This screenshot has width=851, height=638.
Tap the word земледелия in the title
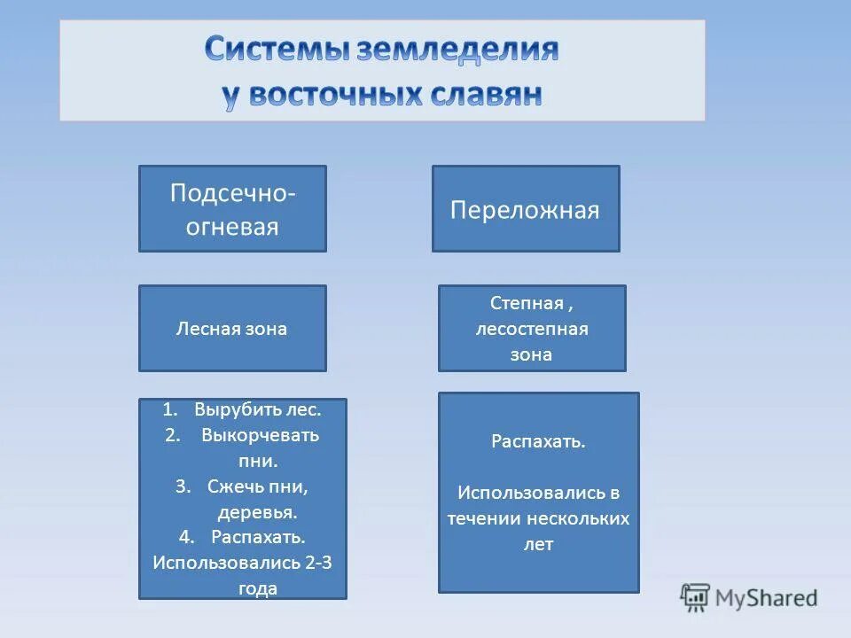pos(457,51)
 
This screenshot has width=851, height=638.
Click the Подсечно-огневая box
pos(232,209)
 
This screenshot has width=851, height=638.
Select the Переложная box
pos(525,210)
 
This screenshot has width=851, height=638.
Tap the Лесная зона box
pos(232,329)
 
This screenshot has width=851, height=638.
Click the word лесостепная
pos(532,330)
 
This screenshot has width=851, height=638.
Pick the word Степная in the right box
pos(527,304)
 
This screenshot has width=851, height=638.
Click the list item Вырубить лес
pos(256,410)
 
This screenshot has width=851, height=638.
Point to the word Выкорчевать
pos(260,435)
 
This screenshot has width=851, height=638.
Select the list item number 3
pos(183,486)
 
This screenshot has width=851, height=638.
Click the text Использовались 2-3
pos(242,563)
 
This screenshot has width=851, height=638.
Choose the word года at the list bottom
pos(258,587)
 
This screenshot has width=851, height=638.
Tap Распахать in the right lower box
pos(538,441)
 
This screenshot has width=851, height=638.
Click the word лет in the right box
pos(538,544)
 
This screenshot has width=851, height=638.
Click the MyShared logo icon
pos(696,597)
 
